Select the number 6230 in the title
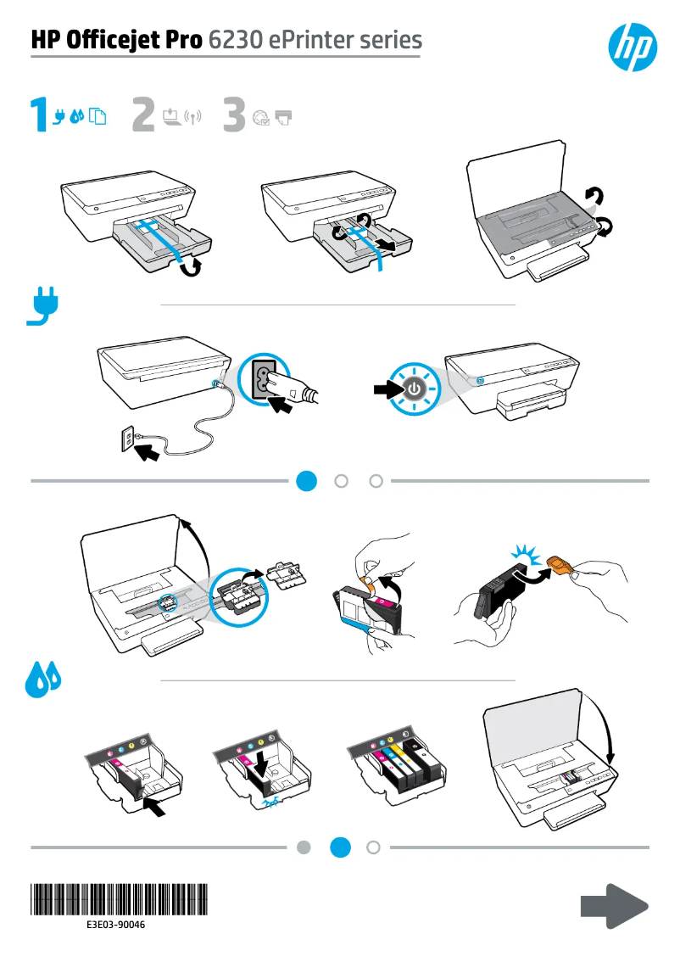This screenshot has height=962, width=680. (233, 40)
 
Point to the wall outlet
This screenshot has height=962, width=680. (131, 439)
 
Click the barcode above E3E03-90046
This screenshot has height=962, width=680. (120, 898)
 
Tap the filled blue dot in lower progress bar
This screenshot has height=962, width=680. (341, 847)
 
